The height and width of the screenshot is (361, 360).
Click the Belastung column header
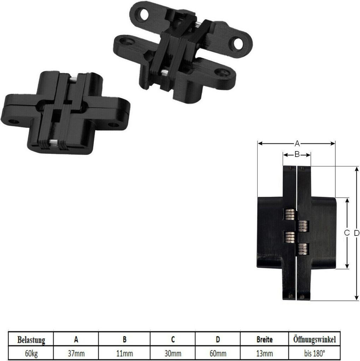pyautogui.click(x=31, y=340)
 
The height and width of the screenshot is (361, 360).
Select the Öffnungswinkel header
pyautogui.click(x=314, y=340)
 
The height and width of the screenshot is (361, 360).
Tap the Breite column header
pyautogui.click(x=264, y=340)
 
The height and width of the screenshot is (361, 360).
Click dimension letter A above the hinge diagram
pyautogui.click(x=297, y=143)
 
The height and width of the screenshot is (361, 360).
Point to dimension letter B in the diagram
pyautogui.click(x=297, y=154)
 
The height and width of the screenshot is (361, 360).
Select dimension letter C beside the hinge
pyautogui.click(x=347, y=233)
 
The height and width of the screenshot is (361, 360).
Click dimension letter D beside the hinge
pyautogui.click(x=356, y=233)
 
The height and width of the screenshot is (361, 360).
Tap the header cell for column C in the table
pyautogui.click(x=173, y=340)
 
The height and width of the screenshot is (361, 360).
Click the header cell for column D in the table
pyautogui.click(x=218, y=340)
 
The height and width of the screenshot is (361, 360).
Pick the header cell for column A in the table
pyautogui.click(x=76, y=340)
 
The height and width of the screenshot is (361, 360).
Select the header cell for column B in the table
pyautogui.click(x=124, y=340)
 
